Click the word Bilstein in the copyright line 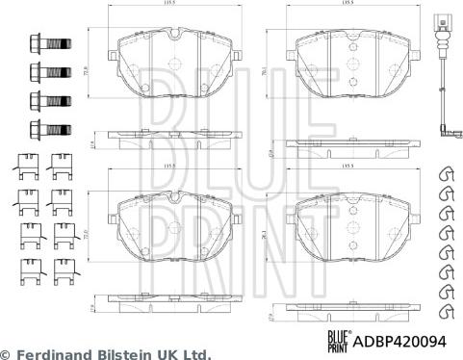[127, 353]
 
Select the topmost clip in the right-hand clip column [446, 173]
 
